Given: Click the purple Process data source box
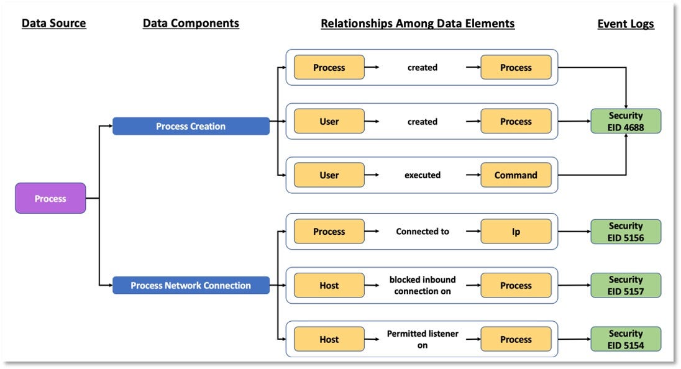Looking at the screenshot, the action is point(50,198).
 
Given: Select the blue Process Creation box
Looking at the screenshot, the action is point(191,126).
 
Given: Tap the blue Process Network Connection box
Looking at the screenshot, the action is point(191,285).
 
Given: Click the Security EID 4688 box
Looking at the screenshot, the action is point(626,121).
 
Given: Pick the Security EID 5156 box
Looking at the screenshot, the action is point(626,231).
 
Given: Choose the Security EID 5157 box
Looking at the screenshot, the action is point(626,285).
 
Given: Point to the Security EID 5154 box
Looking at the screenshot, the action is point(626,339).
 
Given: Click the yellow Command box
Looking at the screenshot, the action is point(516,175).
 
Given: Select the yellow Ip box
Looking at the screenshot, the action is point(516,231).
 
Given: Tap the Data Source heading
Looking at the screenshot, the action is point(54,24).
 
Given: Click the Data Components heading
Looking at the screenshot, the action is point(191,24).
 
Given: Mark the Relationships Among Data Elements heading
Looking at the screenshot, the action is point(418,24).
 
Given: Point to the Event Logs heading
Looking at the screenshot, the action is point(626,24).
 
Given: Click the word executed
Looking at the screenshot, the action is point(423,175).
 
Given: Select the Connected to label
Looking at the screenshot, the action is point(423,231).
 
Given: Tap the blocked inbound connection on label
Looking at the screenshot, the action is point(423,285).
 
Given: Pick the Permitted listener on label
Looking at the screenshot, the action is point(423,339).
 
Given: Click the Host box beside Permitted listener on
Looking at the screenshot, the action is point(329,339).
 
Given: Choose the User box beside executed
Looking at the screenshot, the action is point(329,175).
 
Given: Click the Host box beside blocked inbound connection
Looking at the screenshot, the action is point(329,285).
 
